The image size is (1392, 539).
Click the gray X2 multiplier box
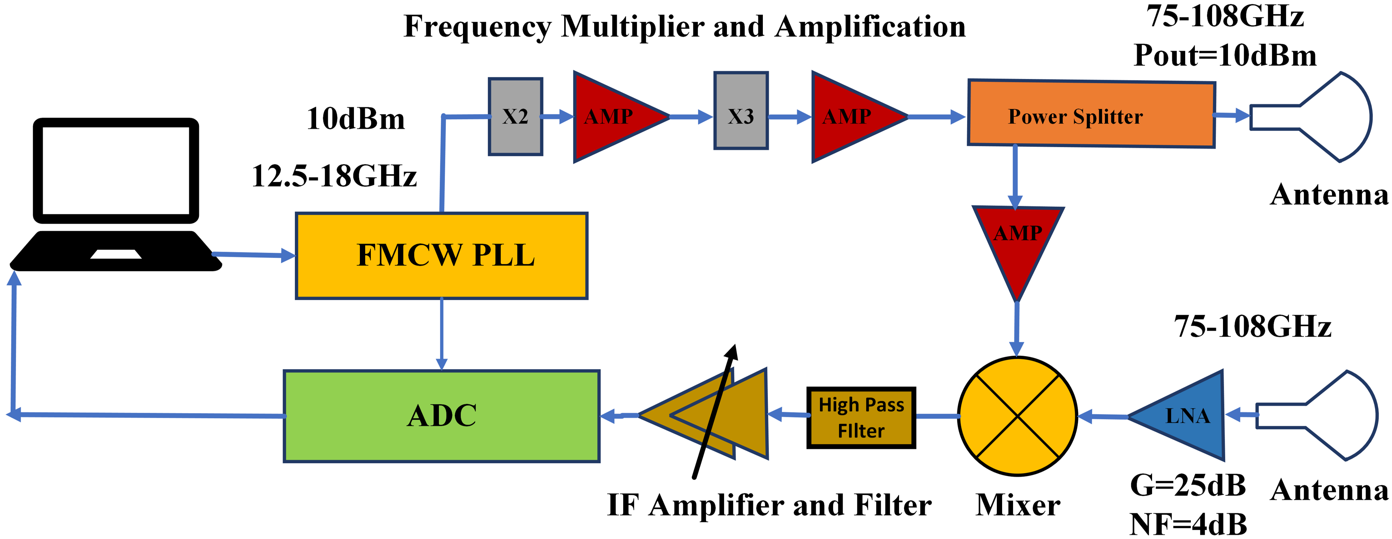516,117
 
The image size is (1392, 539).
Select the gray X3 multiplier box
741,110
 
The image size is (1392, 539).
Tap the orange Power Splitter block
1092,114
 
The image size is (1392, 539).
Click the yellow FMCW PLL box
441,256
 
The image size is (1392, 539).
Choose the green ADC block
441,416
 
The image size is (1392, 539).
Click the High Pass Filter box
861,417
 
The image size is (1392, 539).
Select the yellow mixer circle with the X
1018,416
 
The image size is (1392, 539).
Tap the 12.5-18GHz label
335,176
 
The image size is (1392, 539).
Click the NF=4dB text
1188,523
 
